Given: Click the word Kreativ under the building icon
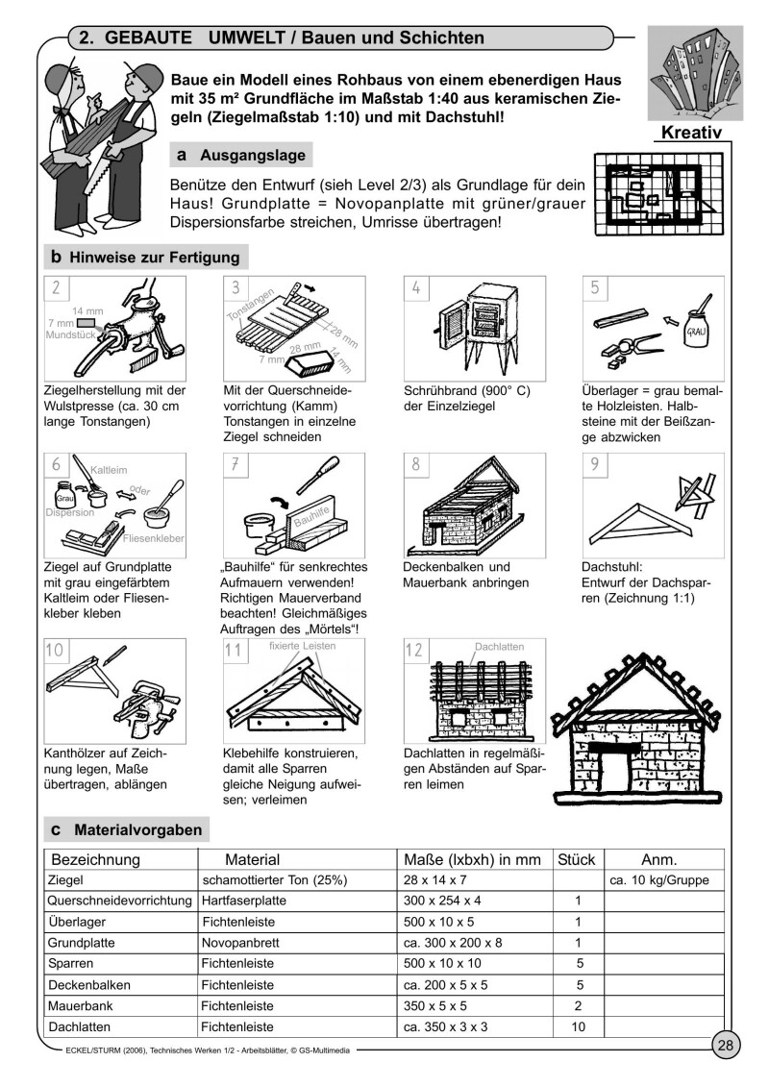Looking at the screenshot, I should [691, 132].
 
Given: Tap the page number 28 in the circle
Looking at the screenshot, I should [726, 1046].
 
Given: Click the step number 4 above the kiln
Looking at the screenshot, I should [415, 287].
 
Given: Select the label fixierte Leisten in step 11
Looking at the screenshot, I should [303, 646].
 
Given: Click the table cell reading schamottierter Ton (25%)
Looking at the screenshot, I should [274, 879].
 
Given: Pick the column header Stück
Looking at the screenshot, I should [576, 858].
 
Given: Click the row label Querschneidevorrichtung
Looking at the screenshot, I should [120, 901].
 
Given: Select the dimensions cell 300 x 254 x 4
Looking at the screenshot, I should [443, 901].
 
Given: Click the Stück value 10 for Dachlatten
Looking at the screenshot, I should [578, 1027].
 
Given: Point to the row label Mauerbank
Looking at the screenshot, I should [78, 1006].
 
